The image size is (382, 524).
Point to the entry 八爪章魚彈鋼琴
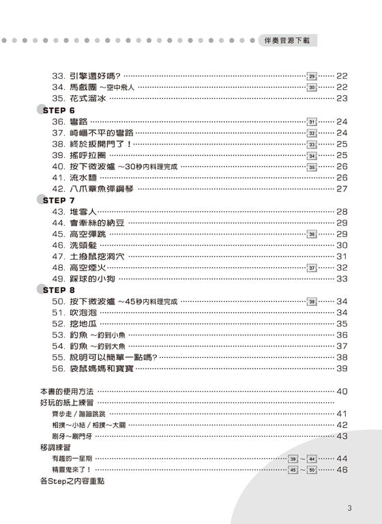click(102, 189)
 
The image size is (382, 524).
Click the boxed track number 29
click(312, 76)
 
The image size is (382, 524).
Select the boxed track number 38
click(312, 301)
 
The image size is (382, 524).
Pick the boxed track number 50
click(312, 469)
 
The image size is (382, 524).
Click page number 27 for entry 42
click(342, 189)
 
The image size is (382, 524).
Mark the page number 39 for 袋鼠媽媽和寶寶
click(342, 368)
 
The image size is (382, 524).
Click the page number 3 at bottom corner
click(349, 507)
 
